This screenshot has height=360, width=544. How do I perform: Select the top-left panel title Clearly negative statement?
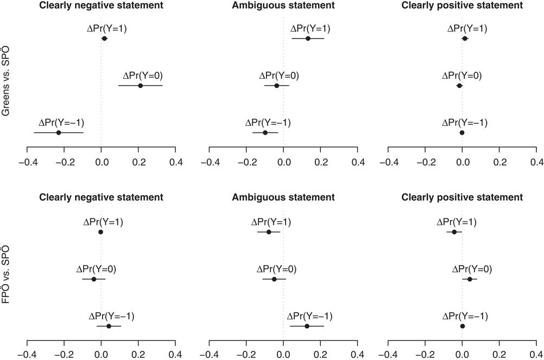(102, 5)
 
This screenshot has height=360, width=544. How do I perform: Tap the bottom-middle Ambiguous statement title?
(283, 197)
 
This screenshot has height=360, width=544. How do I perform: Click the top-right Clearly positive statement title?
(462, 5)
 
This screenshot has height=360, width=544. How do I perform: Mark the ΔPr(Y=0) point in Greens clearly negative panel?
(141, 86)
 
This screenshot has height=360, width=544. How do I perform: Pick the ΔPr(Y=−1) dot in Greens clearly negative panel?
(59, 132)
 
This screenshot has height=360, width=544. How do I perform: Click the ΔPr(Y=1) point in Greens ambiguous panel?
(308, 39)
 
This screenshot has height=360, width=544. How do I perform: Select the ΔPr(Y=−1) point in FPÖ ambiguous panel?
(307, 326)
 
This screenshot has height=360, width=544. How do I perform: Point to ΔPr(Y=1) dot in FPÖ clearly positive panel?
(454, 232)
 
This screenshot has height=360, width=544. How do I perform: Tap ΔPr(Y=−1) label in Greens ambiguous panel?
(268, 123)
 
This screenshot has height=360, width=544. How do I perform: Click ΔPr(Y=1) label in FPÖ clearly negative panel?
(103, 222)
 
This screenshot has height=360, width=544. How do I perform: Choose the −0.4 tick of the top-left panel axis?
(27, 161)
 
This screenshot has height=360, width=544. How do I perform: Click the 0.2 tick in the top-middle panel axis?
(321, 161)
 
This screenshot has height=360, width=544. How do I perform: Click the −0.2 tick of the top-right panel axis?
(425, 161)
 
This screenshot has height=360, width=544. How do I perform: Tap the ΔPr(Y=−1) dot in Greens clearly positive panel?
(462, 132)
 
